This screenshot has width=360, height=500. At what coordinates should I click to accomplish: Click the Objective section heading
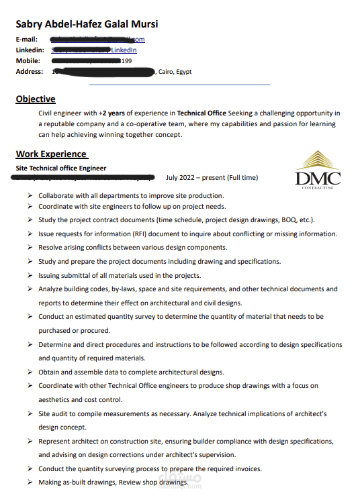pos(36,99)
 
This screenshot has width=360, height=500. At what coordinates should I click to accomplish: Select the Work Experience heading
pos(51,154)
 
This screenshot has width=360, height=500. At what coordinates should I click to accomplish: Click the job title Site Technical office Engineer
pos(61,168)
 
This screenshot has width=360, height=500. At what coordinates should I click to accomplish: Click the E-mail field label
pos(27,40)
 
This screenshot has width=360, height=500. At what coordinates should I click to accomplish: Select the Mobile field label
pos(28,61)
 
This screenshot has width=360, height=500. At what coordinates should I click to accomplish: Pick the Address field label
pos(29,72)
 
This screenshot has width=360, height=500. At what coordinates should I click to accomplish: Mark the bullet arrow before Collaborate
pos(30,195)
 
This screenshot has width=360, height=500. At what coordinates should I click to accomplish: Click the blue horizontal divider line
pos(179,85)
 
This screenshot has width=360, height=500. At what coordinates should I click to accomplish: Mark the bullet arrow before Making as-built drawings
pos(30,483)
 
